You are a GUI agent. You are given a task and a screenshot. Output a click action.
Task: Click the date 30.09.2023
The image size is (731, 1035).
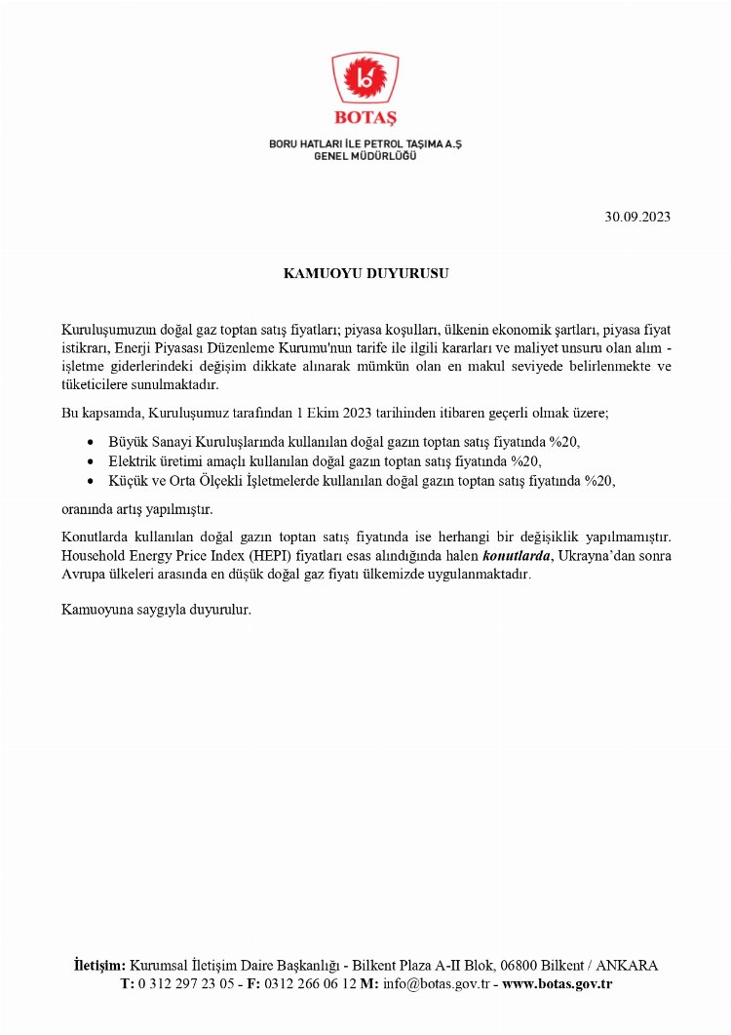[x=637, y=217]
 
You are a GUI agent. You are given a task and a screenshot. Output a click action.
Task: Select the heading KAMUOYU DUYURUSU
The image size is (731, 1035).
[x=365, y=274]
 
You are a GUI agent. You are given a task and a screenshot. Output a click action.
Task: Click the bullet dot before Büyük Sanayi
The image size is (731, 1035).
[x=91, y=442]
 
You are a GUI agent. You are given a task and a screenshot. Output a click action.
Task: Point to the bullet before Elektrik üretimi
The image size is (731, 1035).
[x=91, y=461]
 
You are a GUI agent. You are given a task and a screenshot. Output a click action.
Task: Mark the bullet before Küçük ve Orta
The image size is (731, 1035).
[x=91, y=481]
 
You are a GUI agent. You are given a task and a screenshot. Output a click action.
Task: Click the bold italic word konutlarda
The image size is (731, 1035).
[x=517, y=556]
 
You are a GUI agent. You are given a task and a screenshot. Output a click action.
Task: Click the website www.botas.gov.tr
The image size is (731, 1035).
[x=557, y=984]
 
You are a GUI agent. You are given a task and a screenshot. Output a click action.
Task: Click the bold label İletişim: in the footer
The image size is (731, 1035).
[x=99, y=966]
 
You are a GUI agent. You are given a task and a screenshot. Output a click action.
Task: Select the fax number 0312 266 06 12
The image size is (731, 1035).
[x=310, y=984]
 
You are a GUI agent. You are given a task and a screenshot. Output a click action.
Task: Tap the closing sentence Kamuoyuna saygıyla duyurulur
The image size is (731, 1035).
[x=156, y=611]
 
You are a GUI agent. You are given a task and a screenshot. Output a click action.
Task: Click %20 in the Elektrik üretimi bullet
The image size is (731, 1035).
[x=525, y=461]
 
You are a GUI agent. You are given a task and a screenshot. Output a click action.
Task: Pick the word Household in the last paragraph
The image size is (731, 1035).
[x=96, y=556]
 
